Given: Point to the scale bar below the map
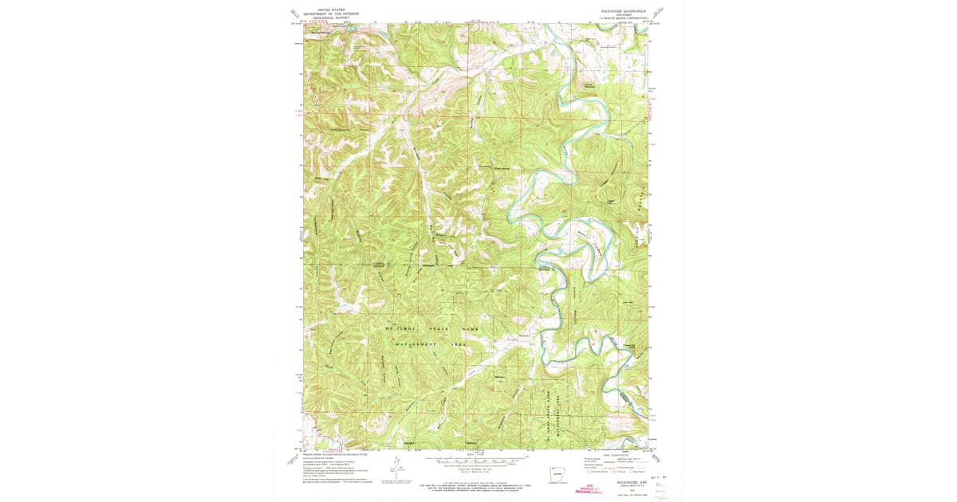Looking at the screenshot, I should (477, 461).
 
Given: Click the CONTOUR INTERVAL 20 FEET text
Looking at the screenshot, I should (477, 471).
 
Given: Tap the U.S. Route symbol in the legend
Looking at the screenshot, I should (611, 471).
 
